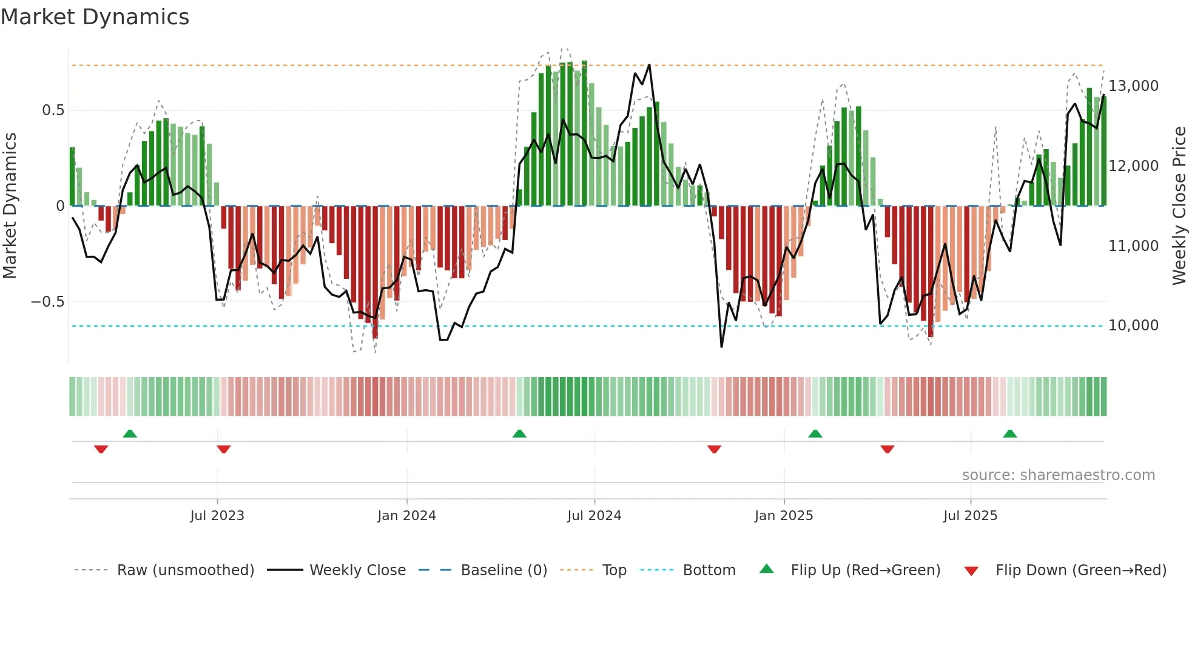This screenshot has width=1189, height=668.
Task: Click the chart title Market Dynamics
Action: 95,17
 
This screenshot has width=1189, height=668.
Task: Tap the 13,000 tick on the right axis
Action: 1133,86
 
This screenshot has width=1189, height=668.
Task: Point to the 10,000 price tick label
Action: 1133,326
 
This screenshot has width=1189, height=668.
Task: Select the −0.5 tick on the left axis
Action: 47,302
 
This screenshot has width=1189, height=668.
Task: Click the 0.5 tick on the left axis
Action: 53,110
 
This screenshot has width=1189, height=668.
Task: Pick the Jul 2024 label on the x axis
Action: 594,516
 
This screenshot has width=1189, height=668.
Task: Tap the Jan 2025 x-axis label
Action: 783,516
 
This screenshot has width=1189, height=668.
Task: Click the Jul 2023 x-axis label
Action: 217,516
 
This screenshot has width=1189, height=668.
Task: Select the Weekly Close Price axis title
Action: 1179,205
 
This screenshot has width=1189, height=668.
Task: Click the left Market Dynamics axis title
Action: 10,205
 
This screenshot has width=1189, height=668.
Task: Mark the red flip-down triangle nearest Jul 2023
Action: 223,449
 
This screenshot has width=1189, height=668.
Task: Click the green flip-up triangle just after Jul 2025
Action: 1009,434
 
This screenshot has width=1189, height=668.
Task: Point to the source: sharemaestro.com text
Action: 1058,475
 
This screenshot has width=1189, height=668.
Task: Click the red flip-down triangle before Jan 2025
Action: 714,449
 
